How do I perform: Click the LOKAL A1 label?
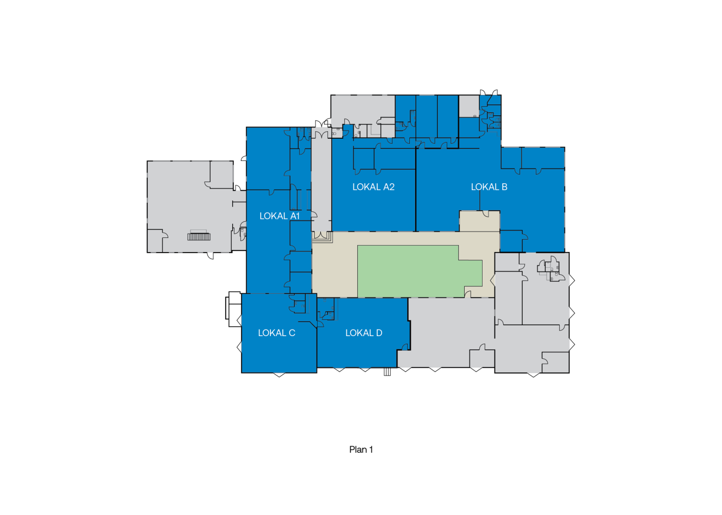click(x=280, y=216)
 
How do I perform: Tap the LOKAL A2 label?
click(x=373, y=187)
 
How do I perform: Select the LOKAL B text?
click(x=489, y=187)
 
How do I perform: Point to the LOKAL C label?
click(x=276, y=333)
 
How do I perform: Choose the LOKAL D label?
click(x=364, y=333)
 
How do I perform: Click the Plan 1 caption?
click(x=361, y=449)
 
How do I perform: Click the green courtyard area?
click(x=416, y=272)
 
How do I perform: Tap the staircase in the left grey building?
click(x=199, y=237)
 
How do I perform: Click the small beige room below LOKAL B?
click(x=480, y=221)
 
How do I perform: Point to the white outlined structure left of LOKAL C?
click(x=233, y=309)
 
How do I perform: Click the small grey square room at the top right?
click(x=469, y=106)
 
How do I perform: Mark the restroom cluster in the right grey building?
click(x=551, y=269)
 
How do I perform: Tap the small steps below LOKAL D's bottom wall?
click(x=387, y=372)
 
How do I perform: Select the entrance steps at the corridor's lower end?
click(x=322, y=237)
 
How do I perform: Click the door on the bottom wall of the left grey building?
click(x=210, y=256)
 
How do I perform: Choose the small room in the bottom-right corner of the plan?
click(x=555, y=363)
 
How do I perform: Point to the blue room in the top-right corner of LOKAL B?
click(x=543, y=158)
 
